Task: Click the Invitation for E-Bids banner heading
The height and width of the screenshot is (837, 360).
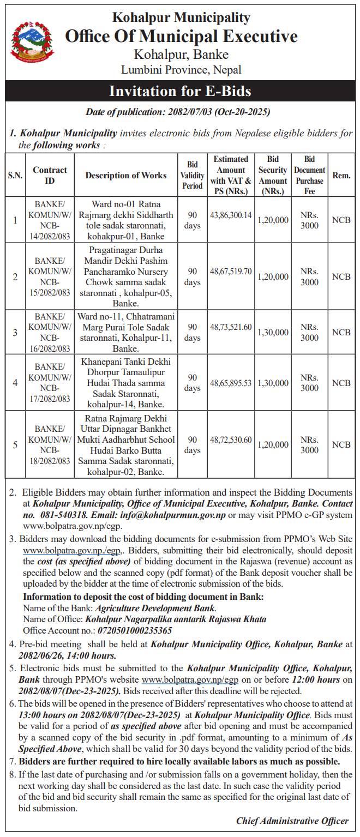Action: (180, 91)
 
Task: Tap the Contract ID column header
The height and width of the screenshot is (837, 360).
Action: (50, 176)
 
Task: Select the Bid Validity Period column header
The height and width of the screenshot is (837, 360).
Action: (192, 176)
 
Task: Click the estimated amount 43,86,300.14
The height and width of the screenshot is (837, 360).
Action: (231, 215)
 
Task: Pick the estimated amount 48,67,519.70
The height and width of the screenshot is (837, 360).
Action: (231, 271)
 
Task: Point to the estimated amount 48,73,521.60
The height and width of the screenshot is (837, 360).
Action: (231, 327)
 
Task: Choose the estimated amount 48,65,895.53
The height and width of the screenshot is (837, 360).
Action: (231, 383)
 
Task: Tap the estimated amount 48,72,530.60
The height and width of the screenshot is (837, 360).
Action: (231, 439)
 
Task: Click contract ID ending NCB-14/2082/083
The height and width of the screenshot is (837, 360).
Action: (50, 220)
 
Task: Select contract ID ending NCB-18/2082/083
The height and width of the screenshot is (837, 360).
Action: (50, 445)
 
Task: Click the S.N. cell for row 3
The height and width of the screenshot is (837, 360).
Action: (15, 333)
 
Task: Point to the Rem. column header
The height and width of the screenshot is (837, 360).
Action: (341, 176)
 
